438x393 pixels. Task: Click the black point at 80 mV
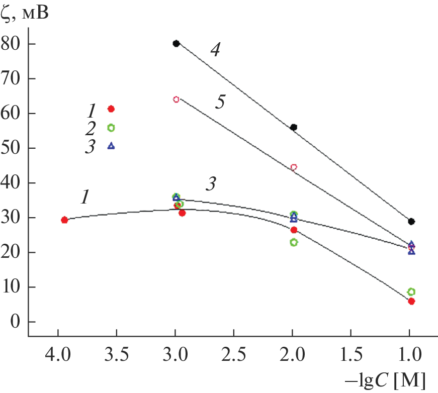tap(176, 44)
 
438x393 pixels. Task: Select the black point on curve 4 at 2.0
tap(294, 127)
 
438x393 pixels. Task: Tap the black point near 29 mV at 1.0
tap(411, 221)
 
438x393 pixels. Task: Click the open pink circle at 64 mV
tap(176, 100)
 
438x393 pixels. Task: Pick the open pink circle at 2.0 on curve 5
tap(294, 167)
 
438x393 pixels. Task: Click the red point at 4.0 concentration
tap(64, 220)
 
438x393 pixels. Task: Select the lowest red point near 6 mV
tap(411, 302)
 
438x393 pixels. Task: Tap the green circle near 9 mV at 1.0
tap(411, 291)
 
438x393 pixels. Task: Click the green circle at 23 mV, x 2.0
tap(294, 242)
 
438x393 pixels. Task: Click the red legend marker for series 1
tap(111, 109)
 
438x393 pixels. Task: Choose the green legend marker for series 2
tap(111, 128)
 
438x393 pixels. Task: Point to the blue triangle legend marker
tap(111, 146)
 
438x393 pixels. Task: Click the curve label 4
tap(215, 50)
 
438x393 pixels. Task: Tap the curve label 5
tap(220, 102)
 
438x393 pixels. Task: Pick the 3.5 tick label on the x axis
tap(117, 355)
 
